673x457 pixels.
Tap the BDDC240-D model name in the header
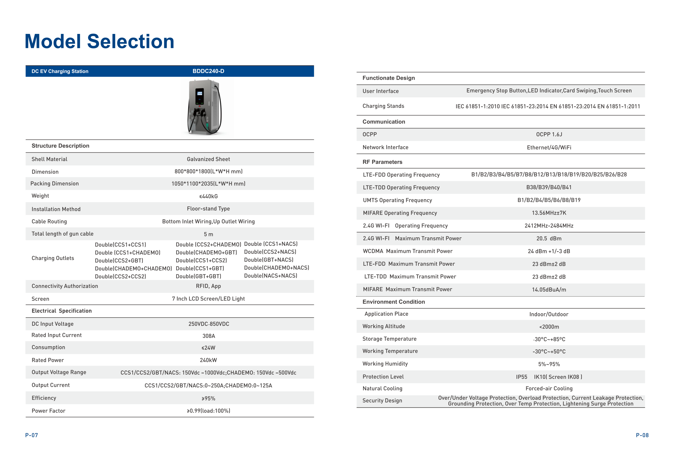pos(208,71)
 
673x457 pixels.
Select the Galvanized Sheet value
pos(208,159)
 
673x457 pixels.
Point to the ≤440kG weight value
pos(208,196)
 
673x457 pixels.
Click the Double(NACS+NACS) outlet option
pos(271,275)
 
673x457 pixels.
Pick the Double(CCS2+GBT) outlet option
pos(119,260)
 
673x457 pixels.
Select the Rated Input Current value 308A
pos(208,336)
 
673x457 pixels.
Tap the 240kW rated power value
pos(208,360)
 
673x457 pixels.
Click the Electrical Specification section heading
pos(62,311)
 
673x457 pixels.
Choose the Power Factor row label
pos(48,411)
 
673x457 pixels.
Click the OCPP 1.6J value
pos(549,134)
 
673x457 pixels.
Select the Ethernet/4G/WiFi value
pos(549,148)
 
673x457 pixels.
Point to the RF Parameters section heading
pos(382,162)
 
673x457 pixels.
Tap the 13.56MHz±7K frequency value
pos(549,213)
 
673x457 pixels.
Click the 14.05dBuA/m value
pos(549,289)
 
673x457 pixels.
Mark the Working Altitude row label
pos(383,326)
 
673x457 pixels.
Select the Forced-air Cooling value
pos(549,388)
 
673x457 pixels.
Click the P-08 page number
pos(642,435)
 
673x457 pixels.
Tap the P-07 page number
pos(32,435)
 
